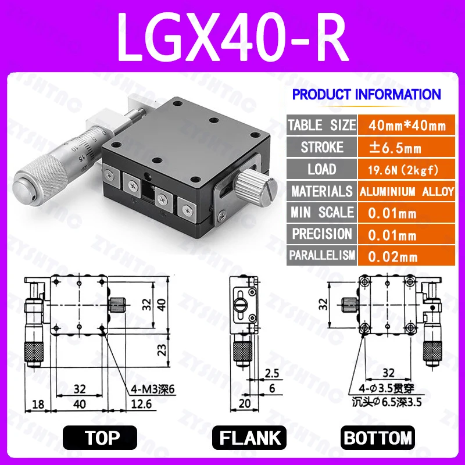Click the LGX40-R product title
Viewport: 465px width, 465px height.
coord(233,36)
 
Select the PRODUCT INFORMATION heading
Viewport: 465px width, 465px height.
coord(366,94)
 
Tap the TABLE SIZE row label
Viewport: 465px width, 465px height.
coord(321,124)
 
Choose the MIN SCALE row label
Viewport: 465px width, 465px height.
coord(321,213)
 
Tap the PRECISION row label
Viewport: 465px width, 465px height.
coord(321,234)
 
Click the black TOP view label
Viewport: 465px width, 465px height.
coord(100,437)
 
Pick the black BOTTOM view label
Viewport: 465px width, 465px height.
coord(377,437)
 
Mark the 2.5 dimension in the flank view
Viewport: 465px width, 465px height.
coord(271,373)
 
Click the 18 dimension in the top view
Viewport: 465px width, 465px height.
coord(39,403)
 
